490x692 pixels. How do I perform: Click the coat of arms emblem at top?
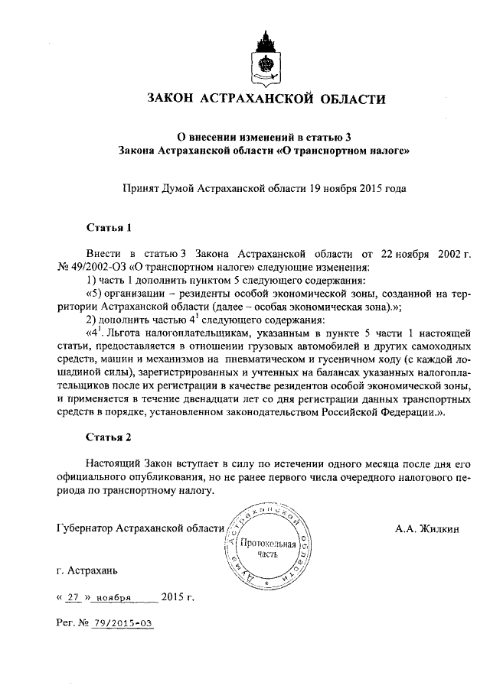264,55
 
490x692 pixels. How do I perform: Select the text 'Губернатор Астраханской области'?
140,528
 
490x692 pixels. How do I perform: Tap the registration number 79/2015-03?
122,622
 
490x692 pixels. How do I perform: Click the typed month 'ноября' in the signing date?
115,597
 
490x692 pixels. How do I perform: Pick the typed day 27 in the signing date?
73,597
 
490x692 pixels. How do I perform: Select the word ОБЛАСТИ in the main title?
345,99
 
